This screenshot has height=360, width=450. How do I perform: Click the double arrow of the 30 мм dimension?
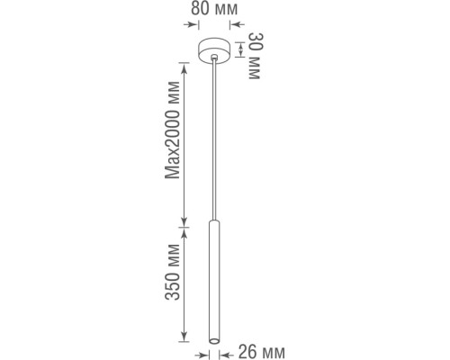pyautogui.click(x=239, y=49)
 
